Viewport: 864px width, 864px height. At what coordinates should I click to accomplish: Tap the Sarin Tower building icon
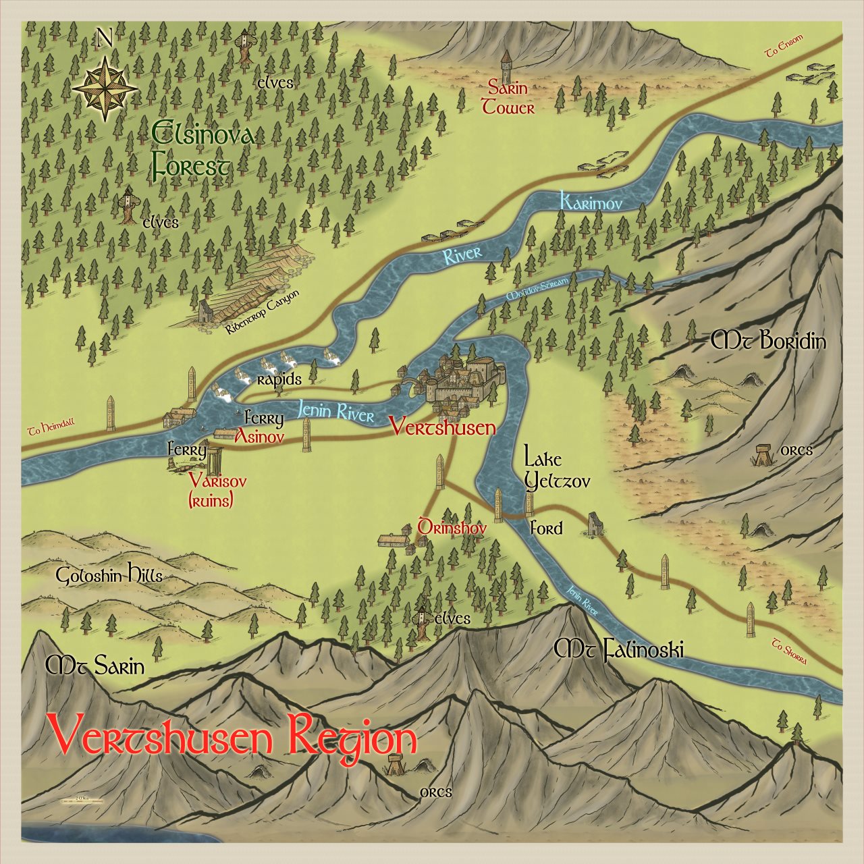tap(506, 66)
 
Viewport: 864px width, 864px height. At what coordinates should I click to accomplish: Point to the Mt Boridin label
tap(768, 341)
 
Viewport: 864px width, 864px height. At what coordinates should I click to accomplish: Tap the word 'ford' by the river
tap(545, 528)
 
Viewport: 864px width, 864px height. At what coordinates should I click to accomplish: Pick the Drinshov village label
tap(452, 528)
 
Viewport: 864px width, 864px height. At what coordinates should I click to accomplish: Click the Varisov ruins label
tap(217, 491)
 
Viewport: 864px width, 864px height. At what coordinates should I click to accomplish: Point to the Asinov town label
tap(259, 437)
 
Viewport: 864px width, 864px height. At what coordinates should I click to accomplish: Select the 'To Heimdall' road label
tap(51, 427)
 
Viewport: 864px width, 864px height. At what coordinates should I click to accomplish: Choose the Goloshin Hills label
tap(109, 576)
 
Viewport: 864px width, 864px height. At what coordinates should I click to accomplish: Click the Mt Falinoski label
tap(618, 650)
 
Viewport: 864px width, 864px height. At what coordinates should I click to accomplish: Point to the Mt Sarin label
tap(95, 667)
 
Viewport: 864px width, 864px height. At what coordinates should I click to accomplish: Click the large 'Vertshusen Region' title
tap(232, 737)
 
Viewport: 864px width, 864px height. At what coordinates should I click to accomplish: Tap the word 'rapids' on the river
tap(279, 379)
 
